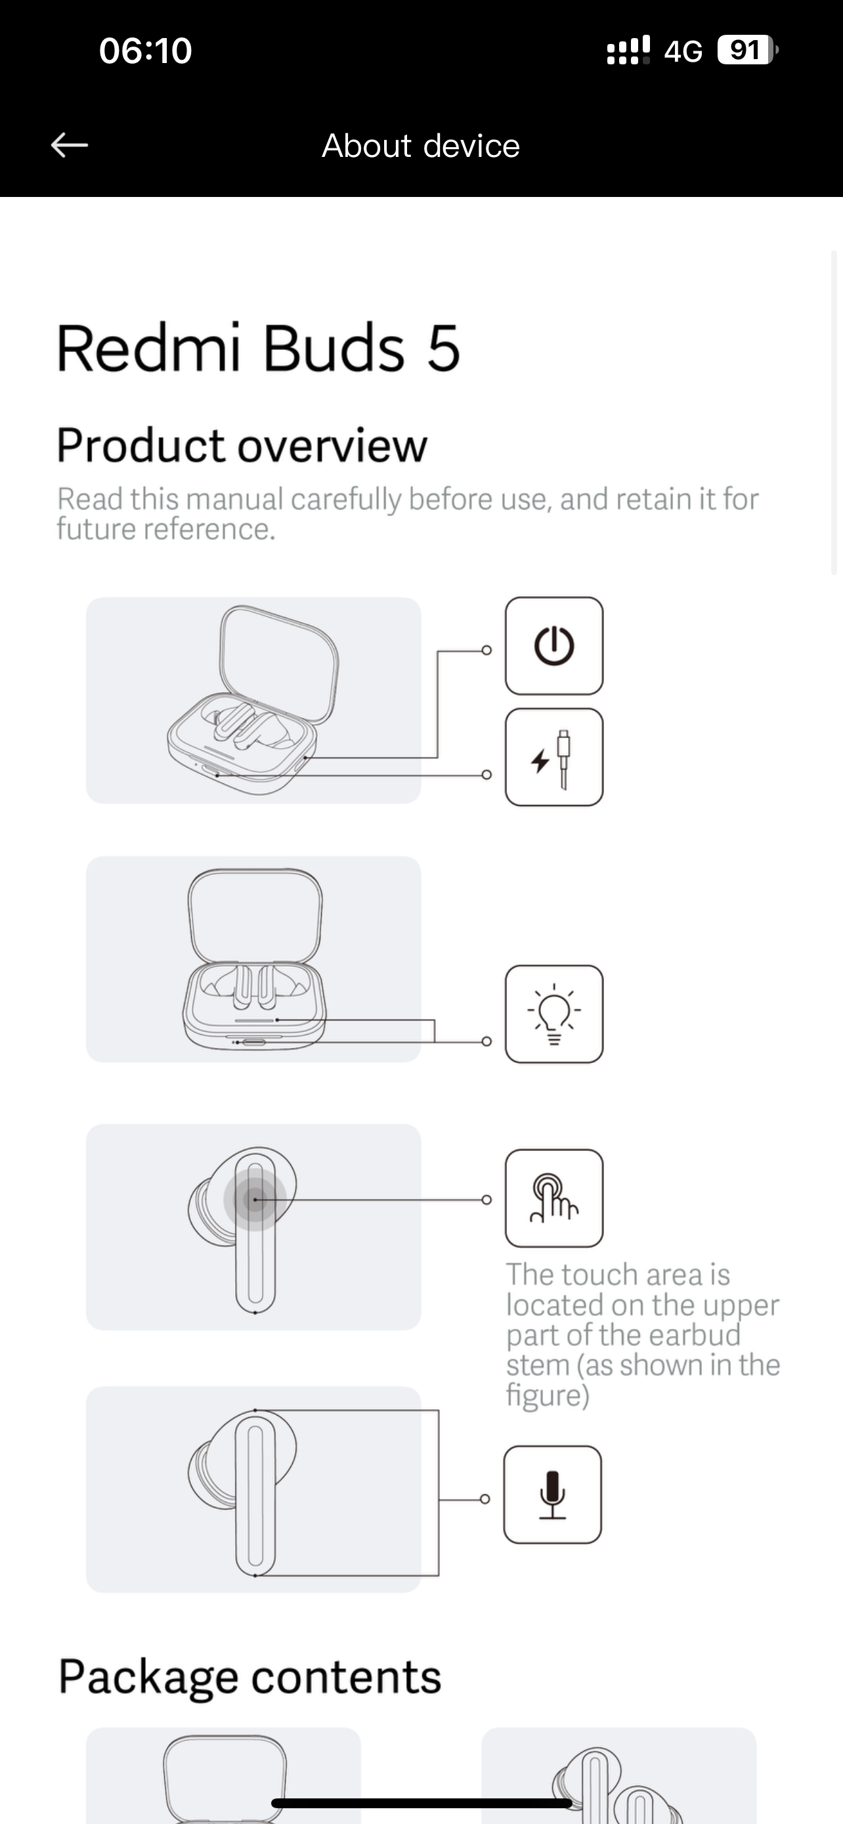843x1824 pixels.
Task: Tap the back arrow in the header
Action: pyautogui.click(x=70, y=145)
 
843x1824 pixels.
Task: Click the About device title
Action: pyautogui.click(x=421, y=146)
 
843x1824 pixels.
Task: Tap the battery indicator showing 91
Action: pyautogui.click(x=747, y=51)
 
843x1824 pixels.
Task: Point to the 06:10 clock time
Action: pyautogui.click(x=146, y=51)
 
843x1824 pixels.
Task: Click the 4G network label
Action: pyautogui.click(x=683, y=51)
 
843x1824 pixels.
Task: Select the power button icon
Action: pyautogui.click(x=554, y=646)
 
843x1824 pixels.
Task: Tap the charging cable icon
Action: pyautogui.click(x=554, y=757)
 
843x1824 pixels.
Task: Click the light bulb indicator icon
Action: pyautogui.click(x=554, y=1014)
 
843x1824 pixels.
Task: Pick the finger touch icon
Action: pyautogui.click(x=554, y=1198)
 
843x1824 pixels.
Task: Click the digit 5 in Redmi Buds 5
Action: pyautogui.click(x=444, y=349)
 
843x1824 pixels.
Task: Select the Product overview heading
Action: pyautogui.click(x=242, y=445)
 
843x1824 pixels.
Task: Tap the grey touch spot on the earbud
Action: pyautogui.click(x=255, y=1200)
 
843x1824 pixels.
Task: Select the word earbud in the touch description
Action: pyautogui.click(x=695, y=1335)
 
